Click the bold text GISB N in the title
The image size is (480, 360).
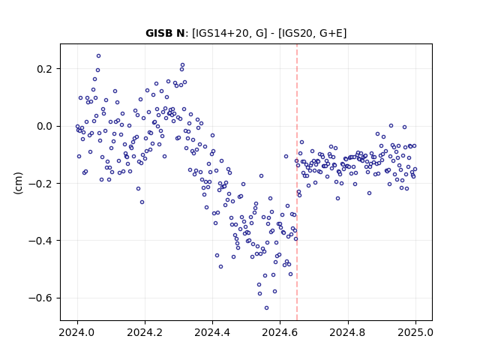pos(165,33)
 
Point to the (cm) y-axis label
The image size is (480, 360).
pos(18,183)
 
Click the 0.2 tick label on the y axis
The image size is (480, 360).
pos(45,69)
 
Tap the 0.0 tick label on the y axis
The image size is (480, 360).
pos(45,126)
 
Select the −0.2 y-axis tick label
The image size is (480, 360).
pos(40,183)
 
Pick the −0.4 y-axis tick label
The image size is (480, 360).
pos(40,241)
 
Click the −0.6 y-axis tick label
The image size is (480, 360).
pos(40,298)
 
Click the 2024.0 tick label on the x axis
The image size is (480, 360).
pos(77,332)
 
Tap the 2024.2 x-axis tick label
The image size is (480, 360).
pos(145,332)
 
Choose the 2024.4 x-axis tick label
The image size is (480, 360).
pos(212,332)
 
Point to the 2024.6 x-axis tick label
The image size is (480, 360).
pos(280,332)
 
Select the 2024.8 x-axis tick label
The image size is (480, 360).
pos(348,332)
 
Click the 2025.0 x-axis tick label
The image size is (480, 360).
pos(415,332)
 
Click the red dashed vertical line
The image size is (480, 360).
pos(297,182)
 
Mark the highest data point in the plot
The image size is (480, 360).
pos(98,56)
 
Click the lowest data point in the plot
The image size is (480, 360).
pos(267,307)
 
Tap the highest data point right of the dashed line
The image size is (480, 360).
pos(391,125)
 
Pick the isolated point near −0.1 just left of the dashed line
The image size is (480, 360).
pos(286,156)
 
